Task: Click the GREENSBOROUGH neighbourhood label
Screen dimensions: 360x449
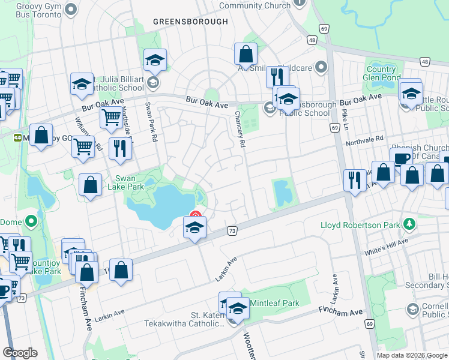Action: (x=190, y=22)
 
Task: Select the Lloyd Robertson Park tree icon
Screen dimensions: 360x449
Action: (x=410, y=223)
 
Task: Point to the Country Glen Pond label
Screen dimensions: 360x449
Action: (x=382, y=74)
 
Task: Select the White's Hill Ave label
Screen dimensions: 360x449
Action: (x=386, y=246)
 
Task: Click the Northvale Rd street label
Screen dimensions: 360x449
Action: (x=364, y=140)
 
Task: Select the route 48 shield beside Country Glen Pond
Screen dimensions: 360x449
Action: (x=424, y=61)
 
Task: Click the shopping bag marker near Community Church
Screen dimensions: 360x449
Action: (x=246, y=54)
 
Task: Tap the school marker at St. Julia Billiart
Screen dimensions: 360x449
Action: (x=155, y=60)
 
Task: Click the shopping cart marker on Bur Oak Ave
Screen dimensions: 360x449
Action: (x=111, y=119)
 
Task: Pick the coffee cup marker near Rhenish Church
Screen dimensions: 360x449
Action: (x=400, y=158)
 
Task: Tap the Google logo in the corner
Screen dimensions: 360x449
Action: (x=20, y=353)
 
